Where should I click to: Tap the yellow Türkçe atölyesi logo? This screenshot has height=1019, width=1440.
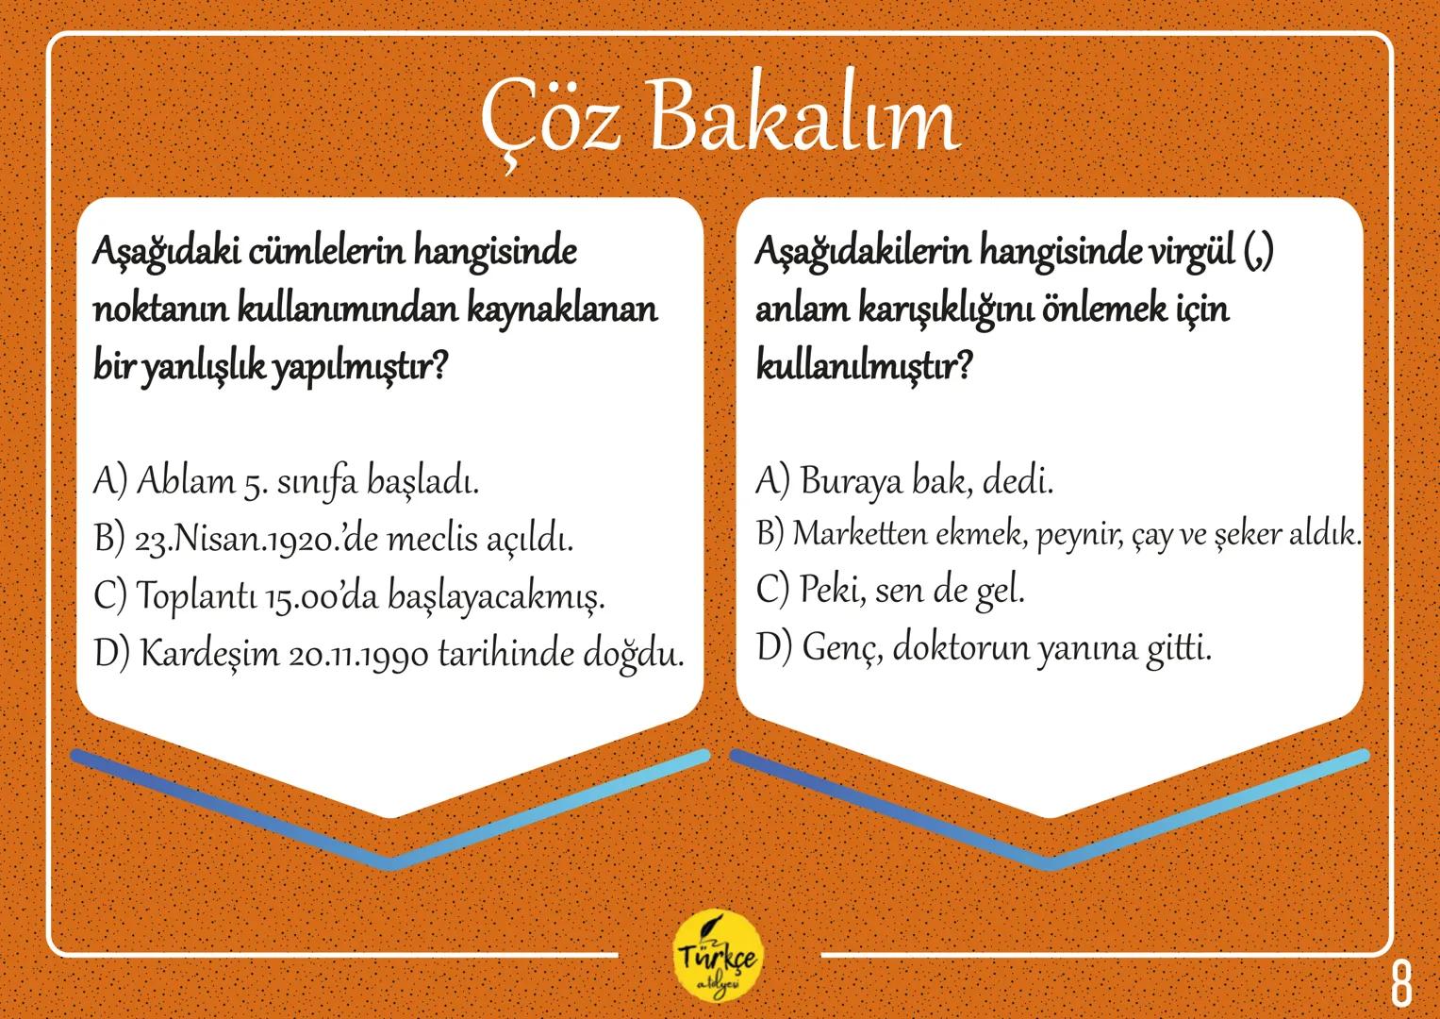tap(720, 959)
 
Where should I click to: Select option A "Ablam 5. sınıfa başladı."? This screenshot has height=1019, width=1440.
tap(287, 482)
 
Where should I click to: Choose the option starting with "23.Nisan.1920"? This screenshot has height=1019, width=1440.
tap(335, 540)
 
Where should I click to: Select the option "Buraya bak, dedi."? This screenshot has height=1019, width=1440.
tap(904, 482)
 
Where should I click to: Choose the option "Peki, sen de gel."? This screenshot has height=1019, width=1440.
tap(890, 591)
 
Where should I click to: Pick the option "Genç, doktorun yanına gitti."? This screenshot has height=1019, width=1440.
tap(983, 648)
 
